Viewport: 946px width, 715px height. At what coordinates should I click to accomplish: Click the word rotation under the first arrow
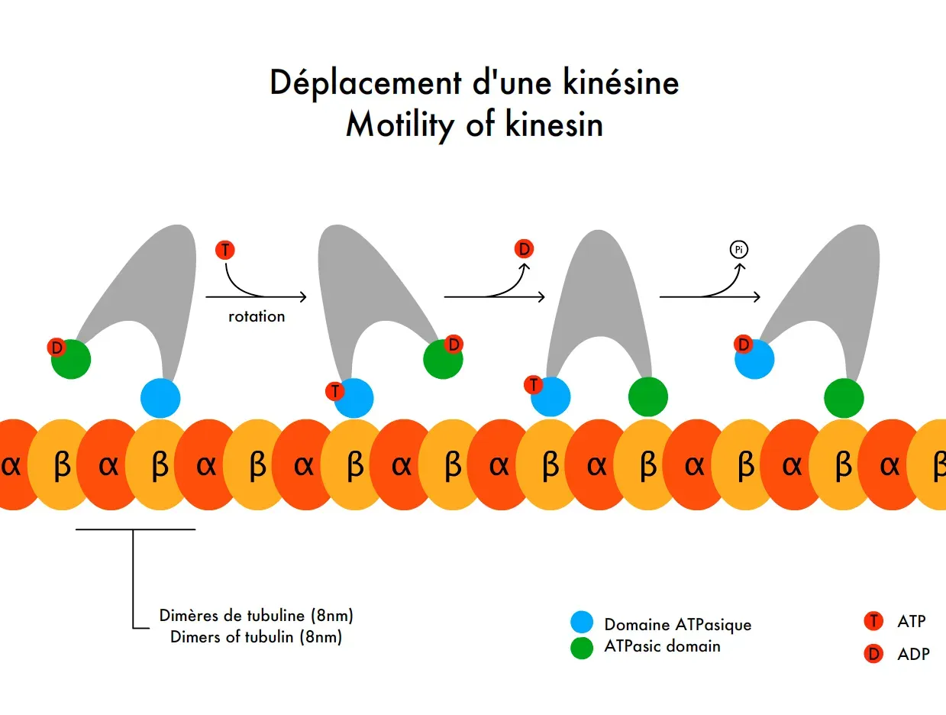tap(257, 316)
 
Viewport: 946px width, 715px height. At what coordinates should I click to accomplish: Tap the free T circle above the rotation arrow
tap(225, 250)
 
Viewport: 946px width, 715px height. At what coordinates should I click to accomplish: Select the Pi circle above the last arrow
tap(738, 249)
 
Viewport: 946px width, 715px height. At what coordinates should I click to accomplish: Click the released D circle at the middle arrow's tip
tap(524, 249)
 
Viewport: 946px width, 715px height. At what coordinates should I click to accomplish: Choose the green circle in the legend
tap(582, 648)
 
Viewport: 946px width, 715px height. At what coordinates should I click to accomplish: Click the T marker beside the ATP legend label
tap(873, 621)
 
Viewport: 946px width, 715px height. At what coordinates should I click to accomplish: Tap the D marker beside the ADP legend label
tap(873, 654)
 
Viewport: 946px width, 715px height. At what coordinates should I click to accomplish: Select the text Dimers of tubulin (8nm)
tap(256, 637)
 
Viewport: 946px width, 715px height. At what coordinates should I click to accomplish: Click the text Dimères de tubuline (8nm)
tap(256, 615)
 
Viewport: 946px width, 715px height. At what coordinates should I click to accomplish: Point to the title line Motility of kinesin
tap(474, 125)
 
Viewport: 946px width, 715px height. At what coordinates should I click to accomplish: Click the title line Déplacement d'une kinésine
tap(474, 82)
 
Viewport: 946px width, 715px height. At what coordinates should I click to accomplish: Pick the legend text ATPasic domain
tap(662, 646)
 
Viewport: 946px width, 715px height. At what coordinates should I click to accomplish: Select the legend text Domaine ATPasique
tap(677, 625)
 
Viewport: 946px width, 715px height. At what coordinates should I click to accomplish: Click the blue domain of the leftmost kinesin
tap(160, 398)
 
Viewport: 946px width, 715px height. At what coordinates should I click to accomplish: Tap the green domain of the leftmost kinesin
tap(72, 359)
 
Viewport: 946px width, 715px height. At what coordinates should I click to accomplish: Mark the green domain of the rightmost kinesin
tap(844, 398)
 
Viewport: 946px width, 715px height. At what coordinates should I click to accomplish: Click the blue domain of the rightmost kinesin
tap(755, 358)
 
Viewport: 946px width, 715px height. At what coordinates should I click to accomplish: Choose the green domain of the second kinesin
tap(444, 359)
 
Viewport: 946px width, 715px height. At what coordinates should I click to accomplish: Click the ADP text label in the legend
tap(913, 654)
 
